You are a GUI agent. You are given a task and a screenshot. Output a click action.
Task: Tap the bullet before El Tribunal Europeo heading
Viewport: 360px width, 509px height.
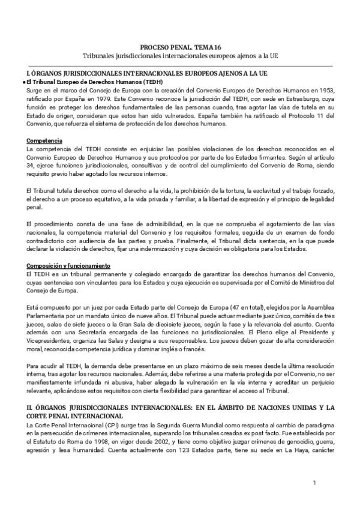click(23, 82)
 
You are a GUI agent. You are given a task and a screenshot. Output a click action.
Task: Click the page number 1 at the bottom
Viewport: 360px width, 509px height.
click(314, 483)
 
